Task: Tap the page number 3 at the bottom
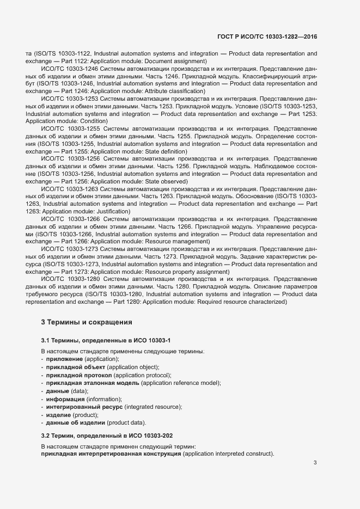(315, 463)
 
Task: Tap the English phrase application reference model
(181, 383)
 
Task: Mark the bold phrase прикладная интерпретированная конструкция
(111, 454)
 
